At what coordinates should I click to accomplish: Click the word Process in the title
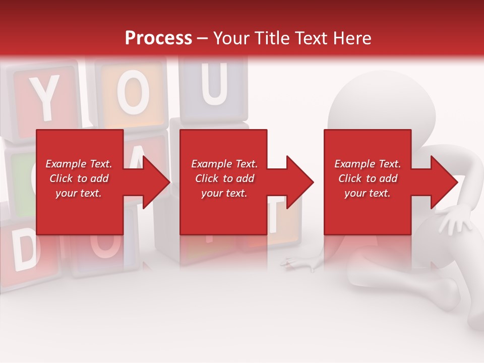pos(158,38)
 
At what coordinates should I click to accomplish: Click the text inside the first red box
pos(79,178)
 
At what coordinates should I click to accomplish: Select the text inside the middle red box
pos(224,178)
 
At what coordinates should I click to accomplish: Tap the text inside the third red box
pos(368,178)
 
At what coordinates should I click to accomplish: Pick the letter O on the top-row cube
pos(133,94)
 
